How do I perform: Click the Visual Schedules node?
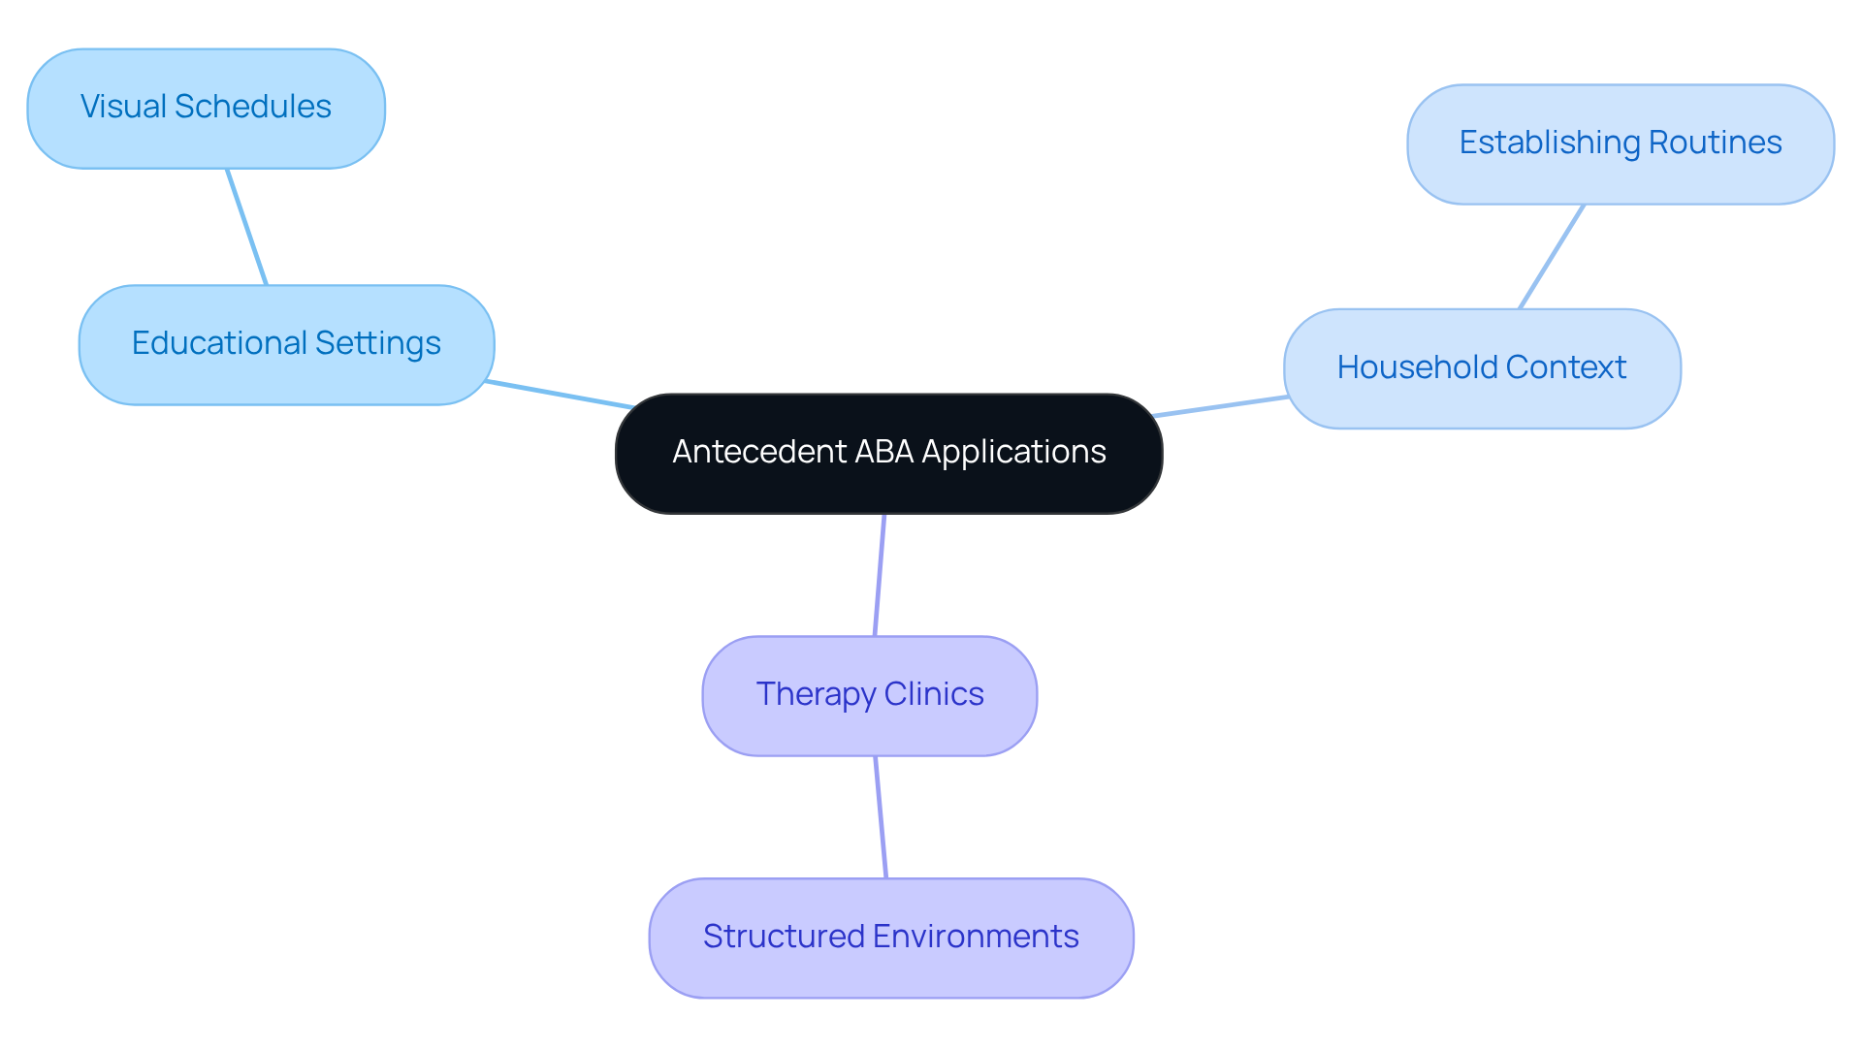click(206, 109)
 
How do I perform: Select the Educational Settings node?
click(286, 345)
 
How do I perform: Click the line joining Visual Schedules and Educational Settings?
click(246, 227)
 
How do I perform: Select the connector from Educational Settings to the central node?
click(559, 395)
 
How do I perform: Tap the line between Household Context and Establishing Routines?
click(1552, 256)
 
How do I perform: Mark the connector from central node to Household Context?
click(1221, 406)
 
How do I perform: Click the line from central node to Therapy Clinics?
click(880, 575)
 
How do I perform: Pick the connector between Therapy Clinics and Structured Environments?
click(881, 817)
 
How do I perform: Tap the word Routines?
click(1715, 143)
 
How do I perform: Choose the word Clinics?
click(933, 694)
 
